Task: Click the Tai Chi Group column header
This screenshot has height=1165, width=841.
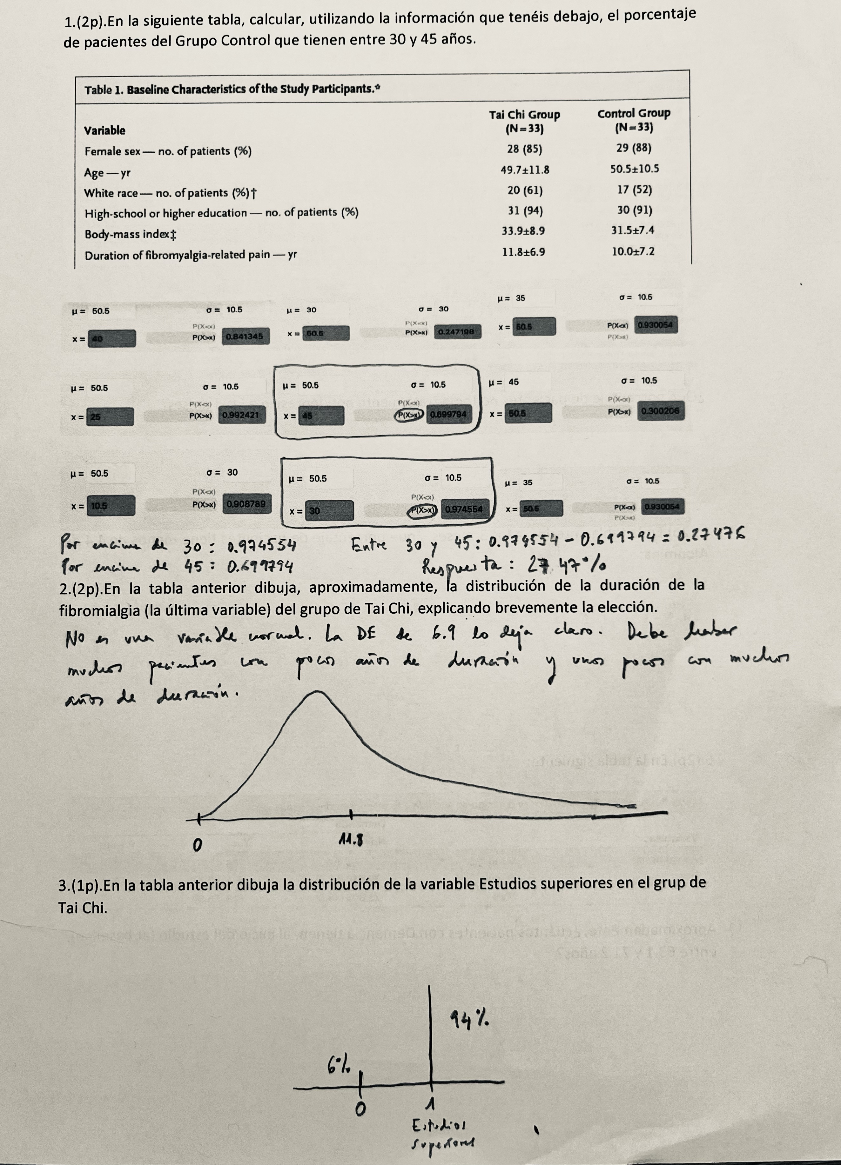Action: [524, 121]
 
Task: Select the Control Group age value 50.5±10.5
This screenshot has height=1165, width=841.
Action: [634, 169]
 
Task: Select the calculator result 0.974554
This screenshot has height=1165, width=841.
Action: [464, 509]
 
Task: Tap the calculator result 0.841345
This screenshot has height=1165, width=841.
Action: [246, 336]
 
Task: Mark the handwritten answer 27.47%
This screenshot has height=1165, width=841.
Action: [565, 566]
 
